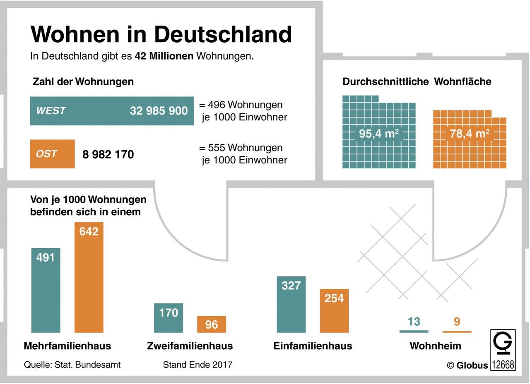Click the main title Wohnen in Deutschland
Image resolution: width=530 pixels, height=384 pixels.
161,34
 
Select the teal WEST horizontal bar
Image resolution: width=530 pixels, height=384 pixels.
112,111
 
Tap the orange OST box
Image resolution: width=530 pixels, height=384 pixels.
52,154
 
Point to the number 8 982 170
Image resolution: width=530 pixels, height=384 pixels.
108,155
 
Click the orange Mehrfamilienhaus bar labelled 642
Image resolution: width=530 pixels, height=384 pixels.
89,277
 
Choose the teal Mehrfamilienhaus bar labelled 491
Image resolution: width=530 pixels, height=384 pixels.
46,290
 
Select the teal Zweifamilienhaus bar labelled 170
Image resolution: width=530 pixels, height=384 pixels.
169,318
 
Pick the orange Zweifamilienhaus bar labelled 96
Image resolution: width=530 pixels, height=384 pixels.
212,324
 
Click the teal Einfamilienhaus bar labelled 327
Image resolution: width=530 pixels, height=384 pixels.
291,304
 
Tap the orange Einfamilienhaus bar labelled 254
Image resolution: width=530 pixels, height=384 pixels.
334,310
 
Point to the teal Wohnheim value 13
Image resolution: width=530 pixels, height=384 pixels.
414,322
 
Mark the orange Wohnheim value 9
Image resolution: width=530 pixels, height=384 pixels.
457,322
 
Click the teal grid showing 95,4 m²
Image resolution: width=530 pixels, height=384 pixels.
379,132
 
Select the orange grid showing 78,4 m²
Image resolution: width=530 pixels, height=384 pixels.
470,139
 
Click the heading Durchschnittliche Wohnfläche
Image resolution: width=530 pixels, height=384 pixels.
417,82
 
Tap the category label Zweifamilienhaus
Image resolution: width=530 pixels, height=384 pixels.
190,346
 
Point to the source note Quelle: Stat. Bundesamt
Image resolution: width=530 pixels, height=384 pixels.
72,365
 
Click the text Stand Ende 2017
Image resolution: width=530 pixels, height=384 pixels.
198,365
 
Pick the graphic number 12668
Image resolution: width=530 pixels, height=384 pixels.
503,365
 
